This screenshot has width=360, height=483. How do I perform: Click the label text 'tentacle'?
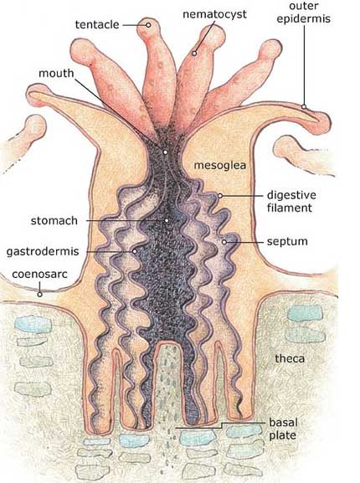click(x=97, y=24)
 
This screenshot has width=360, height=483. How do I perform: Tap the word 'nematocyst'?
click(x=214, y=14)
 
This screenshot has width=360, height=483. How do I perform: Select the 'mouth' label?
click(x=56, y=74)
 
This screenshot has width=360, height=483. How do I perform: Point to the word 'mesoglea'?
click(x=220, y=166)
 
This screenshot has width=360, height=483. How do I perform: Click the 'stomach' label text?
click(x=54, y=220)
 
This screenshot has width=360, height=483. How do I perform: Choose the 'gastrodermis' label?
click(x=43, y=251)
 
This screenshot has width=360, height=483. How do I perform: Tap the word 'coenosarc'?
click(x=39, y=275)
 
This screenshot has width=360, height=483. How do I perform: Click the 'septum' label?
click(x=287, y=241)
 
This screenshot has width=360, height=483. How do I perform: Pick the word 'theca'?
click(x=290, y=358)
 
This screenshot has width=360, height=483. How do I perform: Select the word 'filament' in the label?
click(x=290, y=208)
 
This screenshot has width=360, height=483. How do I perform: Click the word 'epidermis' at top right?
click(x=303, y=18)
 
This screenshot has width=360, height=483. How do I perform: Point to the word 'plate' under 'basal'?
click(x=282, y=435)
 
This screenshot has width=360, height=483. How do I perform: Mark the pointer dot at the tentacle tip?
click(x=148, y=25)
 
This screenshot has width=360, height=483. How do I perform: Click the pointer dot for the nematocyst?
click(x=194, y=54)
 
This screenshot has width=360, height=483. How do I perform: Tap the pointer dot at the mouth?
click(x=166, y=152)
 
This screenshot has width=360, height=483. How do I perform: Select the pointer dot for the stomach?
click(x=167, y=220)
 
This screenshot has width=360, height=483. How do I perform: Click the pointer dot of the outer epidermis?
click(x=304, y=107)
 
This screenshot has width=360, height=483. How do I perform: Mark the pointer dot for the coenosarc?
click(x=39, y=295)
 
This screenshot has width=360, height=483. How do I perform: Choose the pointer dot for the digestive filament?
click(x=220, y=196)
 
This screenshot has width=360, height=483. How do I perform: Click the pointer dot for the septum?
click(x=224, y=242)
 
